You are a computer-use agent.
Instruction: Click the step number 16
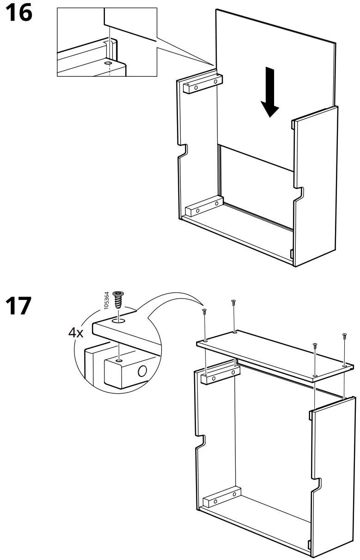click(19, 13)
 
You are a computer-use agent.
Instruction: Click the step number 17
click(19, 306)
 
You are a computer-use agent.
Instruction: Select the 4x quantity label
click(76, 333)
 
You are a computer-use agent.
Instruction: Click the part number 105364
click(106, 300)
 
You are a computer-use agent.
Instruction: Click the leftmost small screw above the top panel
click(204, 312)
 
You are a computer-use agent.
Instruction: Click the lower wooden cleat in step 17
click(221, 498)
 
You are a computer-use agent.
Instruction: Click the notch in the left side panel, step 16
click(183, 151)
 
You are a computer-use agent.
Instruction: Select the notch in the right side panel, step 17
click(316, 484)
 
